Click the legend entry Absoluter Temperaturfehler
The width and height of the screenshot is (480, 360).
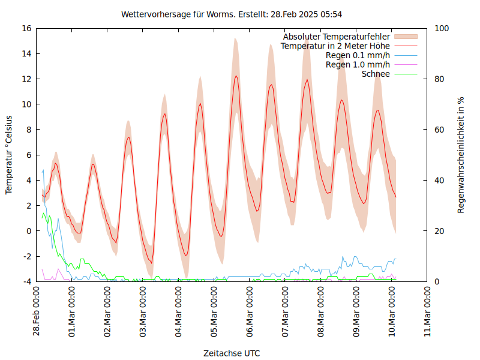[x=337, y=36]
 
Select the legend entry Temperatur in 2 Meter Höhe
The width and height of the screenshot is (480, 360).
[x=335, y=46]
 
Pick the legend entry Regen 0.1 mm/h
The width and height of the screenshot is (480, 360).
[x=358, y=55]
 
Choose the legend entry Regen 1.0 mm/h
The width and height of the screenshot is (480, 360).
[x=358, y=65]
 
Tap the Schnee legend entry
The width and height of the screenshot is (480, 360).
[x=376, y=74]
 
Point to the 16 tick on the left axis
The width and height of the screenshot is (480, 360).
[x=26, y=28]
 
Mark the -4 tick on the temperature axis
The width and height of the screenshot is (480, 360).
[x=27, y=281]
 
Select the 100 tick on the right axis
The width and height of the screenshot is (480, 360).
[x=441, y=28]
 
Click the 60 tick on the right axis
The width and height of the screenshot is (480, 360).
[x=439, y=130]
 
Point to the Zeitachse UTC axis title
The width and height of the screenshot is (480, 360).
[x=232, y=353]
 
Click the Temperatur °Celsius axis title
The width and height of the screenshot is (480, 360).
[x=9, y=154]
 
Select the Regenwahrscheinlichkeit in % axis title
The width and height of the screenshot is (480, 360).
[x=461, y=155]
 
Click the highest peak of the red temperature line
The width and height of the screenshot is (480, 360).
[x=236, y=76]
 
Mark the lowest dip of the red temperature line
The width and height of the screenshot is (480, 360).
[x=151, y=263]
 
